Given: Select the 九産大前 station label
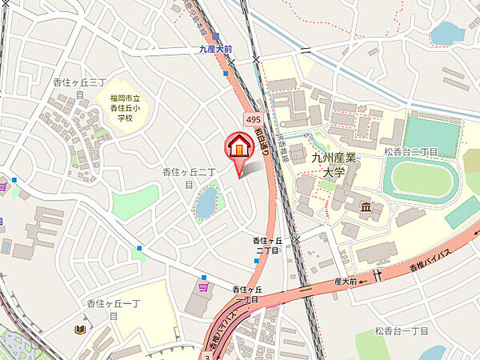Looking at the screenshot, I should click(x=215, y=49).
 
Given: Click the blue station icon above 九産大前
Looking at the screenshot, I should click(x=215, y=36).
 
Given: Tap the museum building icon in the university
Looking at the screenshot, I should click(x=366, y=208).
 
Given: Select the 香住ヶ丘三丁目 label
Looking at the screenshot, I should click(x=80, y=89).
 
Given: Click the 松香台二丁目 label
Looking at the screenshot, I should click(x=410, y=151).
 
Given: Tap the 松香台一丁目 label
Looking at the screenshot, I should click(x=399, y=330).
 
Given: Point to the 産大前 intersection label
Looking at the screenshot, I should click(x=346, y=282).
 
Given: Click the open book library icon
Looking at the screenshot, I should click(x=79, y=329).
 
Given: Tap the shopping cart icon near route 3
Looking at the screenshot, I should click(x=204, y=285).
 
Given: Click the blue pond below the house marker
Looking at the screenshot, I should click(x=206, y=201).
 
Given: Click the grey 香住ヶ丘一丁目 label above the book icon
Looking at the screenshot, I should click(x=102, y=310).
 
